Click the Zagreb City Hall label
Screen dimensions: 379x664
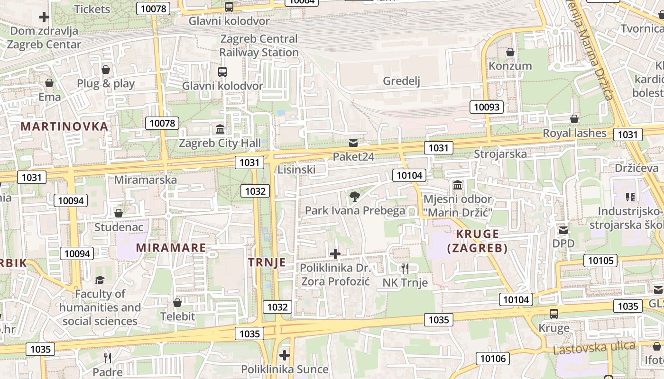coord(220,143)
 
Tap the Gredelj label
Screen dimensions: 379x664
coord(402,81)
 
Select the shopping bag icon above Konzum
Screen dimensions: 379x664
coord(510,52)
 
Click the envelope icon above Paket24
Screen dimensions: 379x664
coord(353,143)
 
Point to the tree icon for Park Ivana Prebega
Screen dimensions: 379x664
coord(354,196)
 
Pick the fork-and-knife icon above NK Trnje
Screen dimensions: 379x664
coord(405,269)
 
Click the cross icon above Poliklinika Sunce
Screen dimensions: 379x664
coord(285,355)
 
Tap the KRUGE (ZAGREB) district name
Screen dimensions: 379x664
coord(477,241)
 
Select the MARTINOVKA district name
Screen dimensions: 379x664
coord(65,126)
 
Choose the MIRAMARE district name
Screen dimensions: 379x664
coord(171,247)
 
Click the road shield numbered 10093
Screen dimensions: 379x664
coord(487,107)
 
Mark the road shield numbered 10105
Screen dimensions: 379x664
coord(600,260)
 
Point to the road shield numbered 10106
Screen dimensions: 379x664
coord(493,359)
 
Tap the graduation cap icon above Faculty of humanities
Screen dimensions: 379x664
coord(100,280)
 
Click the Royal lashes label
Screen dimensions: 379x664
coord(574,133)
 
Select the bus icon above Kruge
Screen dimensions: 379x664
coord(553,314)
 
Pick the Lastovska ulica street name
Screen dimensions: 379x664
coord(594,348)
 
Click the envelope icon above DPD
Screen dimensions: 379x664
coord(563,230)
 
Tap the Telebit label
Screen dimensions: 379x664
coord(177,316)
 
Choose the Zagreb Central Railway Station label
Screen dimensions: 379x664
coord(258,45)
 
